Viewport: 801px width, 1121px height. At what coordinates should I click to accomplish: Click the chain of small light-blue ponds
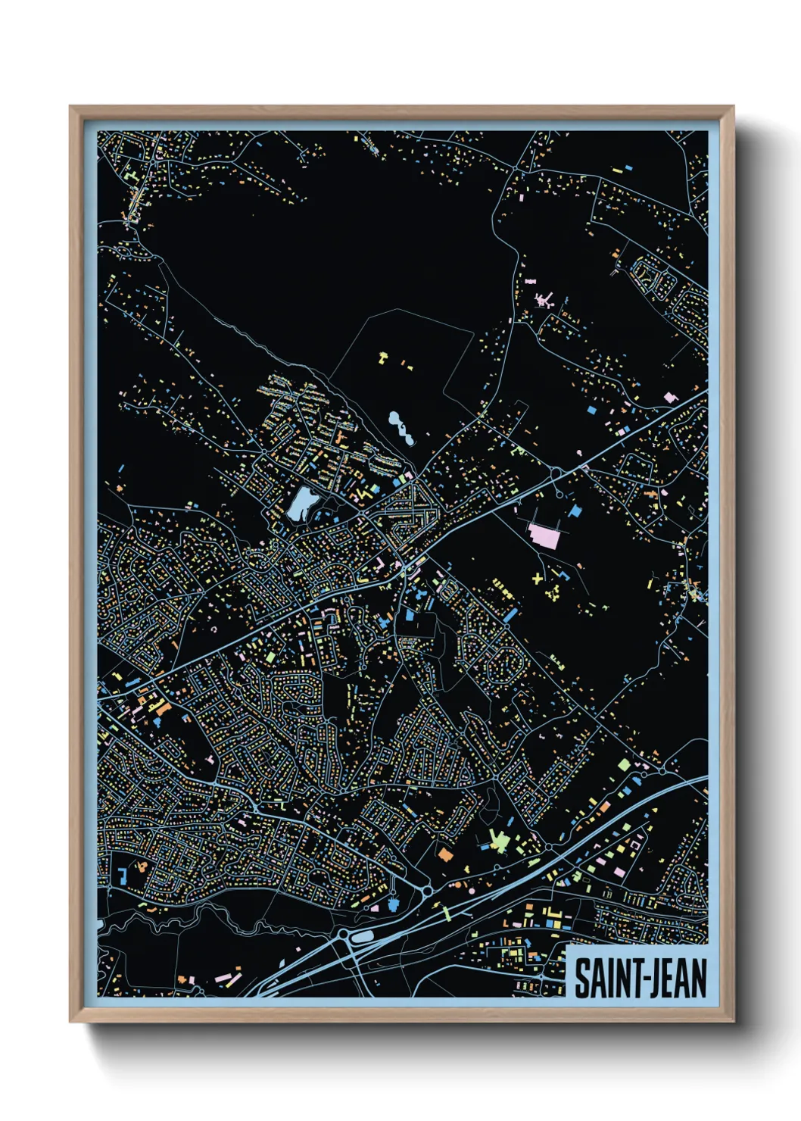(400, 427)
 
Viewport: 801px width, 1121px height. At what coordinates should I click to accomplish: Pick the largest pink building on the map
(544, 535)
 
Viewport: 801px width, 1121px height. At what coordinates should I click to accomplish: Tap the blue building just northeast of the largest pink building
(575, 512)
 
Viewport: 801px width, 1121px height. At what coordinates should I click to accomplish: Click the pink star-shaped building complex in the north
(544, 300)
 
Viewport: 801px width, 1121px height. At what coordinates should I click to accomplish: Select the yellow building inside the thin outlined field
(383, 355)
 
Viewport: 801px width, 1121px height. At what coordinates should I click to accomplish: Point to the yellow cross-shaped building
(538, 579)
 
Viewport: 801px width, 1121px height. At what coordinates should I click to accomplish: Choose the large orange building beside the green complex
(445, 855)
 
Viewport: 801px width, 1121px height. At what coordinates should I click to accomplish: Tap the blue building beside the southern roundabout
(393, 904)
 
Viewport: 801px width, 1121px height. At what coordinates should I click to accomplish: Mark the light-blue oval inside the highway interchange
(363, 937)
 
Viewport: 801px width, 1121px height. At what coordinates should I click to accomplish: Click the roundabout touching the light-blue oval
(345, 936)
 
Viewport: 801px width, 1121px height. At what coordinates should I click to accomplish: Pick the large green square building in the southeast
(624, 765)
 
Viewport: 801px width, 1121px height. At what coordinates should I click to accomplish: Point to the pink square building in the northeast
(669, 397)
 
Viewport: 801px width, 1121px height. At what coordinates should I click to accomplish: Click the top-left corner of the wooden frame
(70, 107)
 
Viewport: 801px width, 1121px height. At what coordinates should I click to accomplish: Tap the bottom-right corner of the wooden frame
(733, 1021)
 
